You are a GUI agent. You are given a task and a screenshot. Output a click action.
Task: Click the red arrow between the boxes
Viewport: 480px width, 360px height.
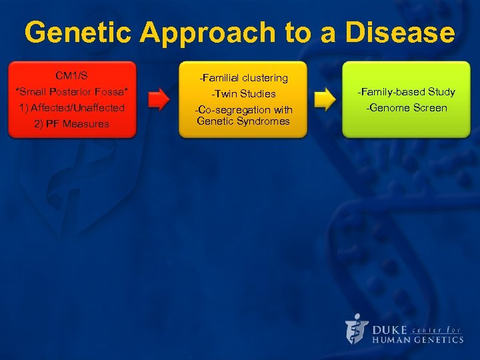159,100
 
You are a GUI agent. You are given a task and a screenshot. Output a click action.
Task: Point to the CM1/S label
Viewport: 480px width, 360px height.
71,76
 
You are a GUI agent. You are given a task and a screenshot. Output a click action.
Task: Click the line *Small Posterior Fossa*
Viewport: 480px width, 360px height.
71,91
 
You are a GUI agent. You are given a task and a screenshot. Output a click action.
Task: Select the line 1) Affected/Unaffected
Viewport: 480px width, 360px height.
71,107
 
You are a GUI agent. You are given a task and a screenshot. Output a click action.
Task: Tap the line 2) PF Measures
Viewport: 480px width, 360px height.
71,123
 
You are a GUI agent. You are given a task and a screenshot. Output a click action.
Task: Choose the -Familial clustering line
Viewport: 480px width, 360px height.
243,78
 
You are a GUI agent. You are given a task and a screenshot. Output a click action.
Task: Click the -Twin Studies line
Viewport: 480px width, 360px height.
243,94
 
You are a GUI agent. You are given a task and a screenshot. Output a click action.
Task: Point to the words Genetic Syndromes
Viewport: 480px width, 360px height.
243,121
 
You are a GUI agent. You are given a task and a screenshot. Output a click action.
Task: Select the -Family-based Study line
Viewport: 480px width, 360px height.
407,92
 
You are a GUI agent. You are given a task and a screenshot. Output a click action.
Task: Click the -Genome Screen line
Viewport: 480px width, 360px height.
407,107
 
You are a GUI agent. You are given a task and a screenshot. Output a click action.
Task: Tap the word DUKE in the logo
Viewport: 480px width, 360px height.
390,329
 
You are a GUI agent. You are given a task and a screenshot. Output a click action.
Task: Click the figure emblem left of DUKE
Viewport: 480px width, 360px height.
357,329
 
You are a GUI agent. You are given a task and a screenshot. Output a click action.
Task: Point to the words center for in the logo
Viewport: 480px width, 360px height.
437,329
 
